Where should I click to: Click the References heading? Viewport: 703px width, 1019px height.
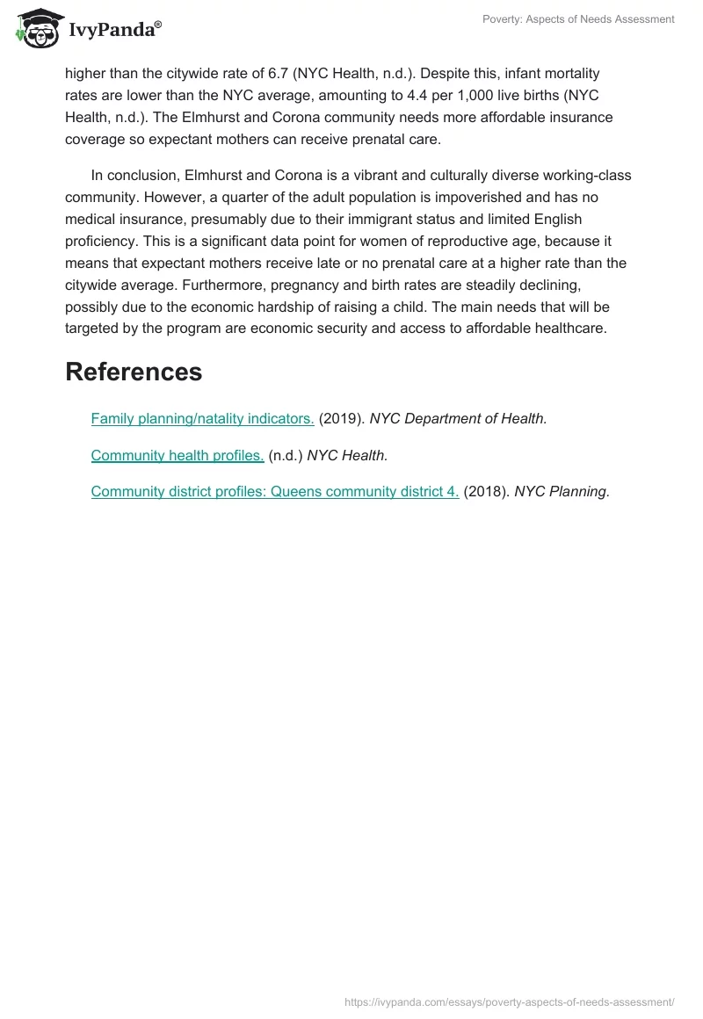(x=134, y=372)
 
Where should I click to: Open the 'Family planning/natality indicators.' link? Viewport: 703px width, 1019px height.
(x=202, y=419)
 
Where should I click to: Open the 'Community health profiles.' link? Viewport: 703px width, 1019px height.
(x=178, y=455)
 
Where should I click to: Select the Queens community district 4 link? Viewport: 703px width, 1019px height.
(x=275, y=492)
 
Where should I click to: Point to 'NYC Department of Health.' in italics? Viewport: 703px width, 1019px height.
(x=458, y=419)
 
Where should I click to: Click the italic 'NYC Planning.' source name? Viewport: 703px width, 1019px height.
(x=562, y=492)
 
